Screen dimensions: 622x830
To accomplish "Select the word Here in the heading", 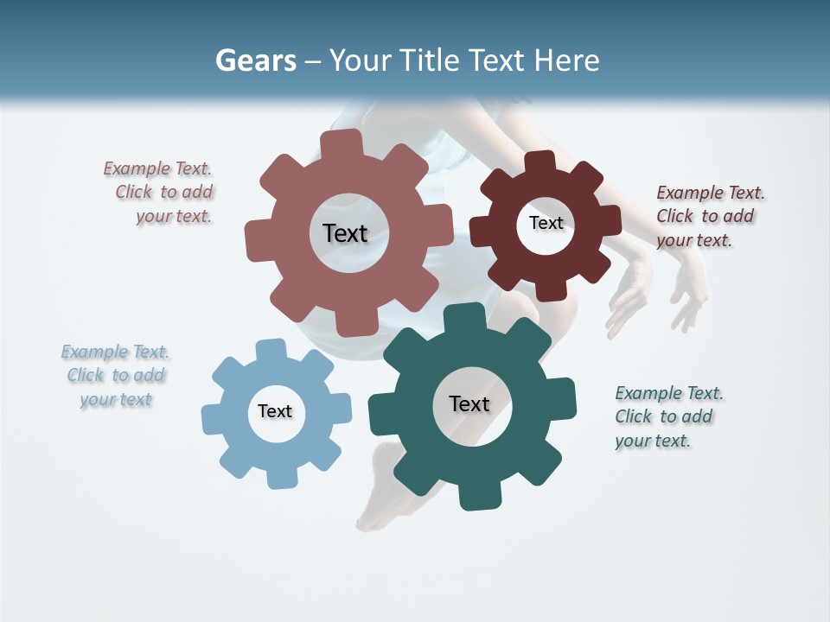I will click(x=566, y=60).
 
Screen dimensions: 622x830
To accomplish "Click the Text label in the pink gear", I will click(x=345, y=233).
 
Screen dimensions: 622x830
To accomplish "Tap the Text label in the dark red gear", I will click(x=546, y=223).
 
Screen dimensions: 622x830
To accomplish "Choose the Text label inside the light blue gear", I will click(x=275, y=411).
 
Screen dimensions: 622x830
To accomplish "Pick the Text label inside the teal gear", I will click(x=469, y=403).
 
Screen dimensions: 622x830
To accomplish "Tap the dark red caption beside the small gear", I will click(x=709, y=216).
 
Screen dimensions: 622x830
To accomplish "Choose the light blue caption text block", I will click(x=115, y=375).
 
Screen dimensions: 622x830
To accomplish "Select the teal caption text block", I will click(x=667, y=416).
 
